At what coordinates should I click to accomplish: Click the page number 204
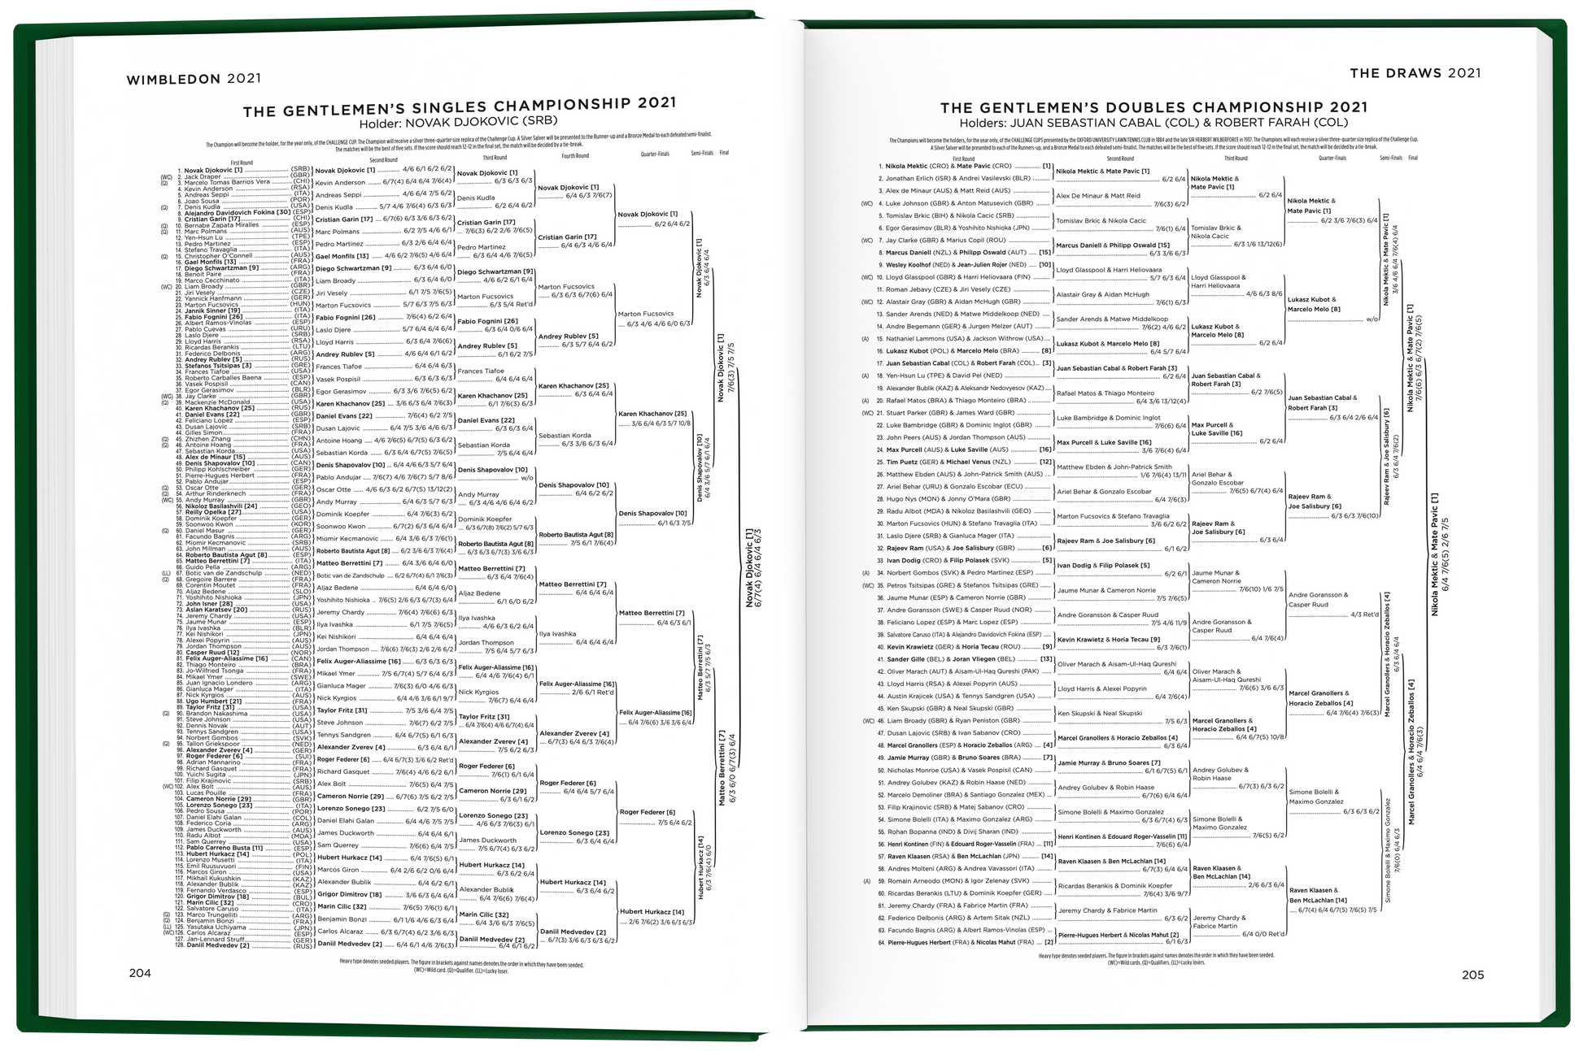(140, 974)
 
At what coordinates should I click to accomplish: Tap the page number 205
(1472, 975)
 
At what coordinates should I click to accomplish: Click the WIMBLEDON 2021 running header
(194, 79)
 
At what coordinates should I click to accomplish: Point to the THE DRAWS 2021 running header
(1415, 73)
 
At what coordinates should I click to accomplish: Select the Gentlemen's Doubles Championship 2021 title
(1153, 107)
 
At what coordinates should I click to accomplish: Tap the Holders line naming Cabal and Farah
(1153, 123)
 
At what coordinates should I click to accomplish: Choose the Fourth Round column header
(574, 156)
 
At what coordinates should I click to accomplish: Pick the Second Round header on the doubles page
(1120, 159)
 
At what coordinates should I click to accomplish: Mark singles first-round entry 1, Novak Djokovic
(215, 170)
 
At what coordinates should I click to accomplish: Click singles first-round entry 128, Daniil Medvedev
(218, 945)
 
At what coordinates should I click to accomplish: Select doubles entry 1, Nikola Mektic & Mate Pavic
(948, 166)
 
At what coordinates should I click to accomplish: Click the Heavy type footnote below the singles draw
(460, 965)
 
